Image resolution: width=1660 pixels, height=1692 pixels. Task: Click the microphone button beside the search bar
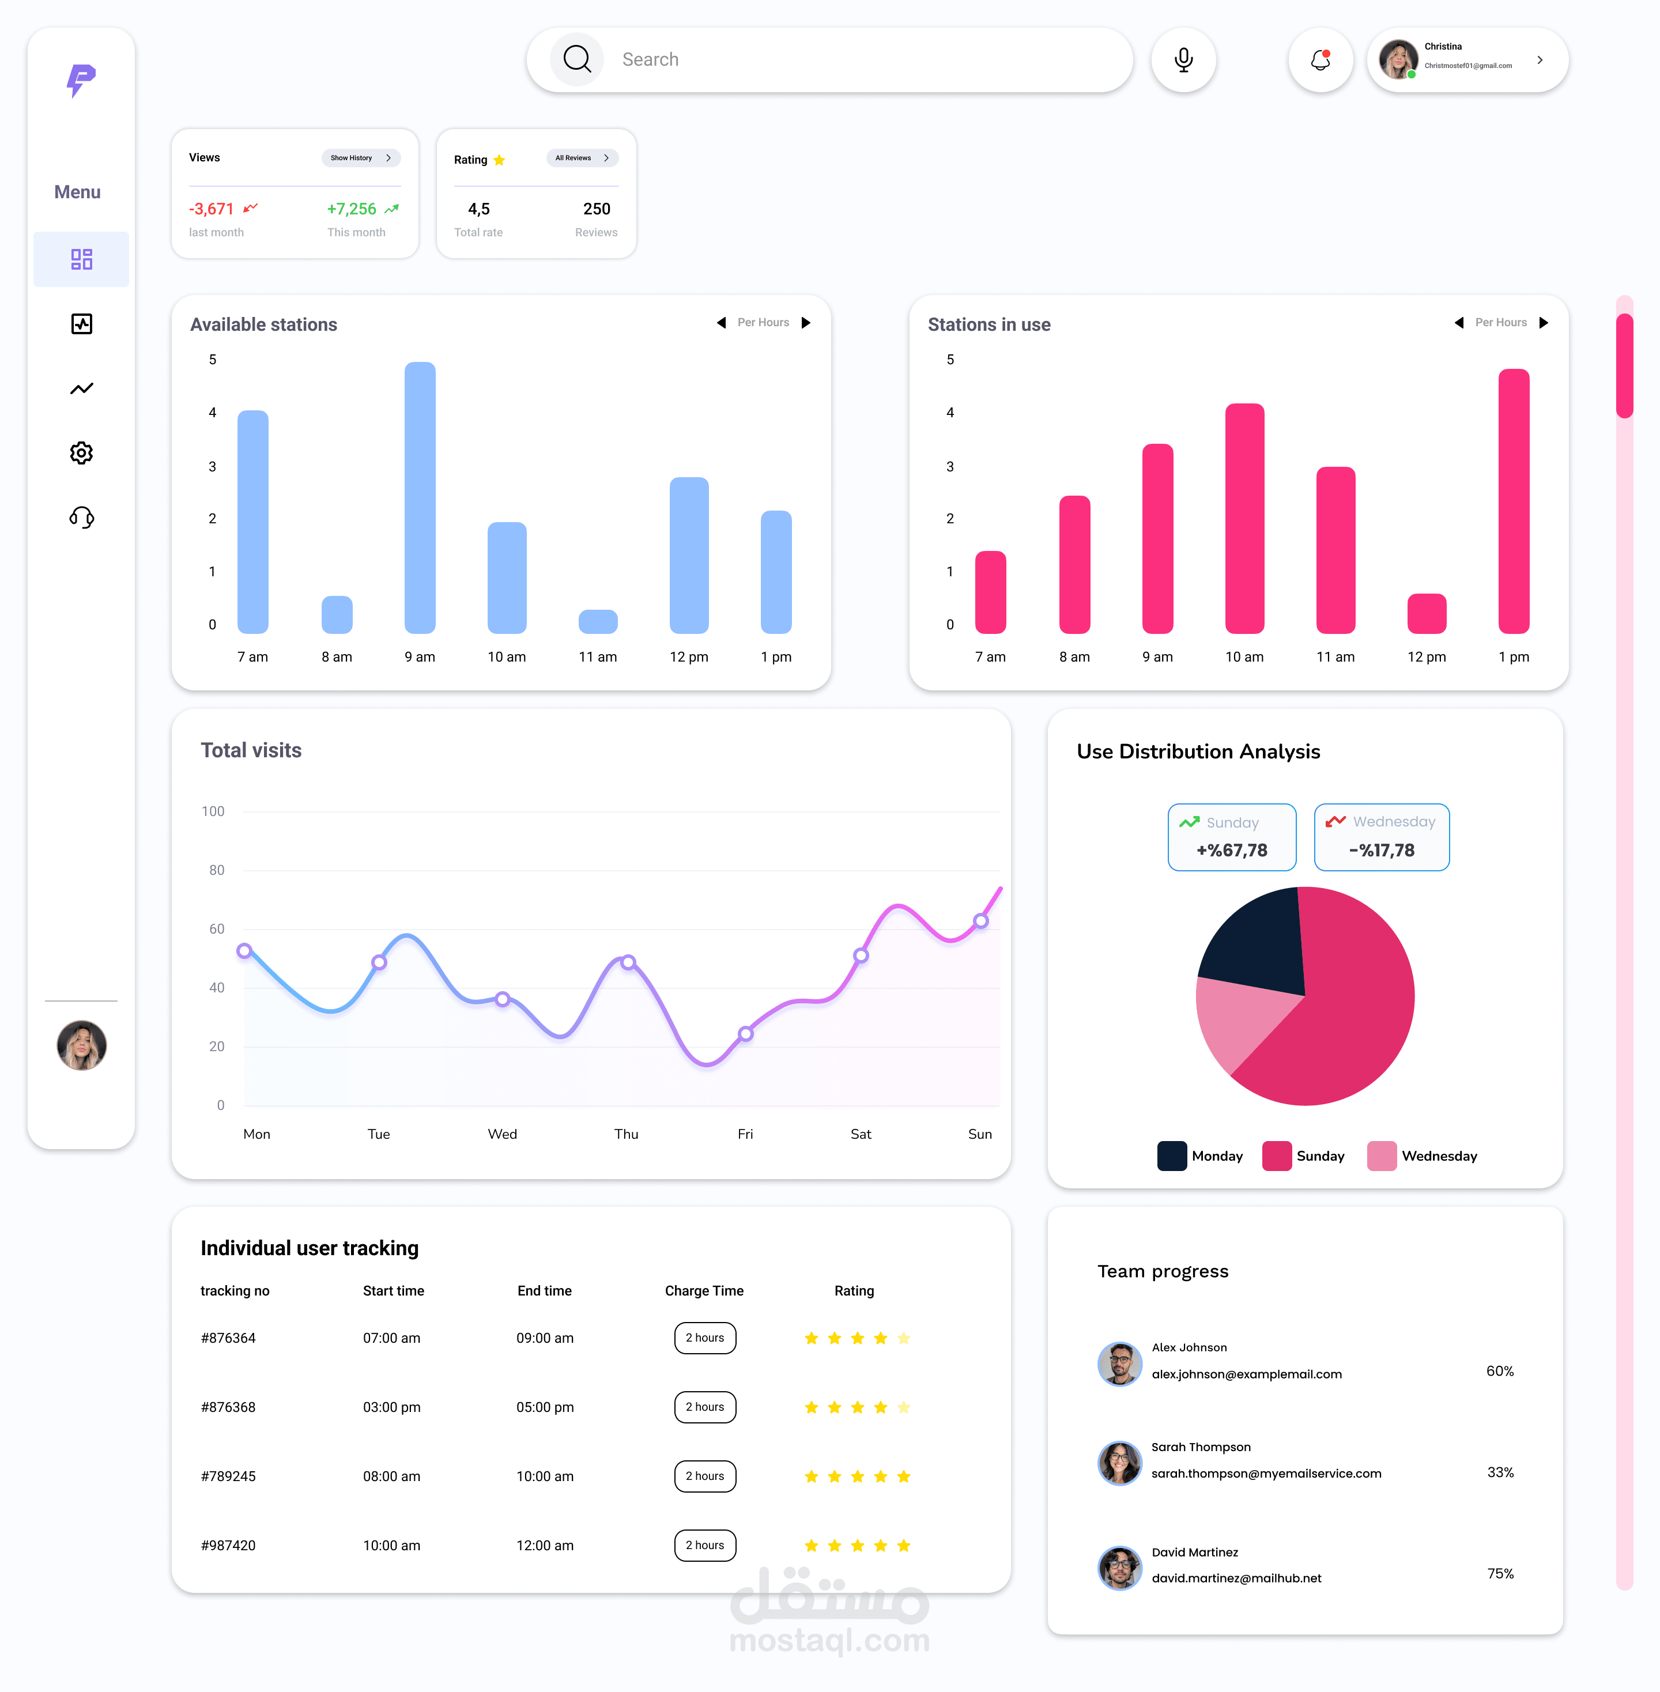point(1183,60)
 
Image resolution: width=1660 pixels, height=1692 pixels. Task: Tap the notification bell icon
point(1320,60)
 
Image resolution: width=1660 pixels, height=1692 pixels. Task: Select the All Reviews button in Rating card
point(582,158)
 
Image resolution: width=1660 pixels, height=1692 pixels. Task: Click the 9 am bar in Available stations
point(420,497)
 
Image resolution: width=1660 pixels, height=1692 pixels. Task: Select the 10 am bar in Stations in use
point(1244,519)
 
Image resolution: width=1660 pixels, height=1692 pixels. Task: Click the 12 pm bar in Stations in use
point(1427,614)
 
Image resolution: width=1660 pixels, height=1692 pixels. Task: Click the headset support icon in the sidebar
point(81,518)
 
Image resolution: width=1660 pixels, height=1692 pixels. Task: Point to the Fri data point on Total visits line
point(745,1034)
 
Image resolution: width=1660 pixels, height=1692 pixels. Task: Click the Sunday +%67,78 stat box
point(1231,837)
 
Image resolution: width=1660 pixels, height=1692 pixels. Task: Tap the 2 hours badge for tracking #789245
point(704,1476)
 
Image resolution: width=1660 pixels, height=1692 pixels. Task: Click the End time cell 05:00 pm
point(545,1407)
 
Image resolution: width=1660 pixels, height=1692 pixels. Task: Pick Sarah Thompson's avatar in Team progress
point(1119,1463)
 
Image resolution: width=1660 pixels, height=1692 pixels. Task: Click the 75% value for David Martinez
point(1500,1573)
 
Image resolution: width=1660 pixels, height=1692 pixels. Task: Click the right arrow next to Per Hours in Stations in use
point(1543,323)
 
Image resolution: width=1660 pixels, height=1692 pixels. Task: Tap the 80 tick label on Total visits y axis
point(216,870)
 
